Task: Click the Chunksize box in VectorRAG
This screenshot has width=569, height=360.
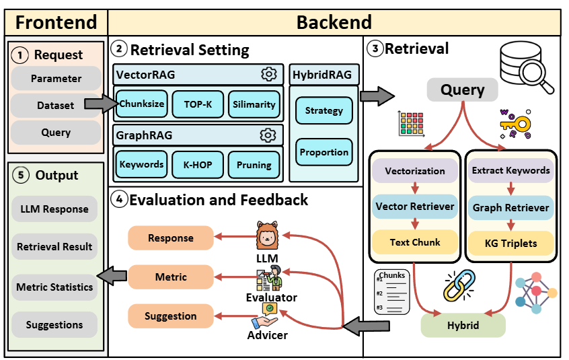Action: pyautogui.click(x=142, y=104)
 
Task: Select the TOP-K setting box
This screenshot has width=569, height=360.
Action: pyautogui.click(x=198, y=104)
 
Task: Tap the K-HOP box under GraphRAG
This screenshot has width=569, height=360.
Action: pyautogui.click(x=198, y=164)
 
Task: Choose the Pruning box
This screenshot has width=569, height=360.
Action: pyautogui.click(x=254, y=164)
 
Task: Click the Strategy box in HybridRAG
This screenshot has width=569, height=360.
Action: pyautogui.click(x=324, y=110)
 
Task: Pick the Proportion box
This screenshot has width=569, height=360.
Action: pyautogui.click(x=324, y=153)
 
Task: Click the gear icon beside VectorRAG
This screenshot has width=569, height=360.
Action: pyautogui.click(x=268, y=74)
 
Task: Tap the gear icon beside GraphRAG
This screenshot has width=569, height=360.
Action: pyautogui.click(x=268, y=135)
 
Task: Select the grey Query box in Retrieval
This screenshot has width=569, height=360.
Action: pyautogui.click(x=463, y=89)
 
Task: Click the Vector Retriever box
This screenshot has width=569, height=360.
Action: pyautogui.click(x=415, y=206)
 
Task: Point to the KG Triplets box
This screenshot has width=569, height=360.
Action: pyautogui.click(x=511, y=242)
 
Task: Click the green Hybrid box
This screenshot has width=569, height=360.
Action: pyautogui.click(x=463, y=325)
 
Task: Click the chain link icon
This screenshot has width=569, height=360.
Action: pyautogui.click(x=459, y=285)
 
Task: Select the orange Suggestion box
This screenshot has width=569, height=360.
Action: pyautogui.click(x=171, y=316)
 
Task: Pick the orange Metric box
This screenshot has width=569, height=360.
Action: pyautogui.click(x=171, y=277)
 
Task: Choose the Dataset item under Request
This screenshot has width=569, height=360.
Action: pyautogui.click(x=56, y=105)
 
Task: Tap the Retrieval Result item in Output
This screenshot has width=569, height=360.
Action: pyautogui.click(x=54, y=247)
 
